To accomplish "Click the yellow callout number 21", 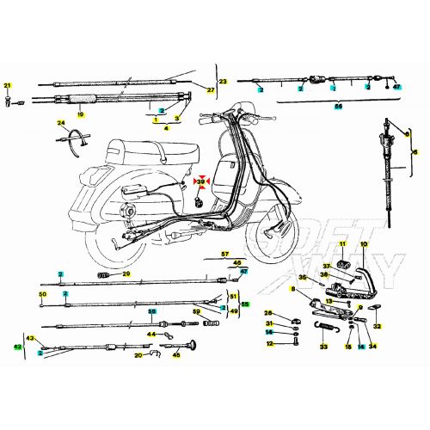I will pyautogui.click(x=8, y=84).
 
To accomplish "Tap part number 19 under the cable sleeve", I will pyautogui.click(x=81, y=114).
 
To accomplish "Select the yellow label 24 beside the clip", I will pyautogui.click(x=61, y=123).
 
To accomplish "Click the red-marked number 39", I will pyautogui.click(x=201, y=182).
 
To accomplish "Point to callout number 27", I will pyautogui.click(x=209, y=89).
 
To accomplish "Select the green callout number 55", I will pyautogui.click(x=244, y=304).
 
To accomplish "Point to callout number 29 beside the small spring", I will pyautogui.click(x=126, y=274).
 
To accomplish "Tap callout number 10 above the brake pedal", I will pyautogui.click(x=363, y=246).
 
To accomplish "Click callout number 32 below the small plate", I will pyautogui.click(x=377, y=327).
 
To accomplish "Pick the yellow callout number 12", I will pyautogui.click(x=269, y=344).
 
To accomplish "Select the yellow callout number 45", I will pyautogui.click(x=176, y=353).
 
